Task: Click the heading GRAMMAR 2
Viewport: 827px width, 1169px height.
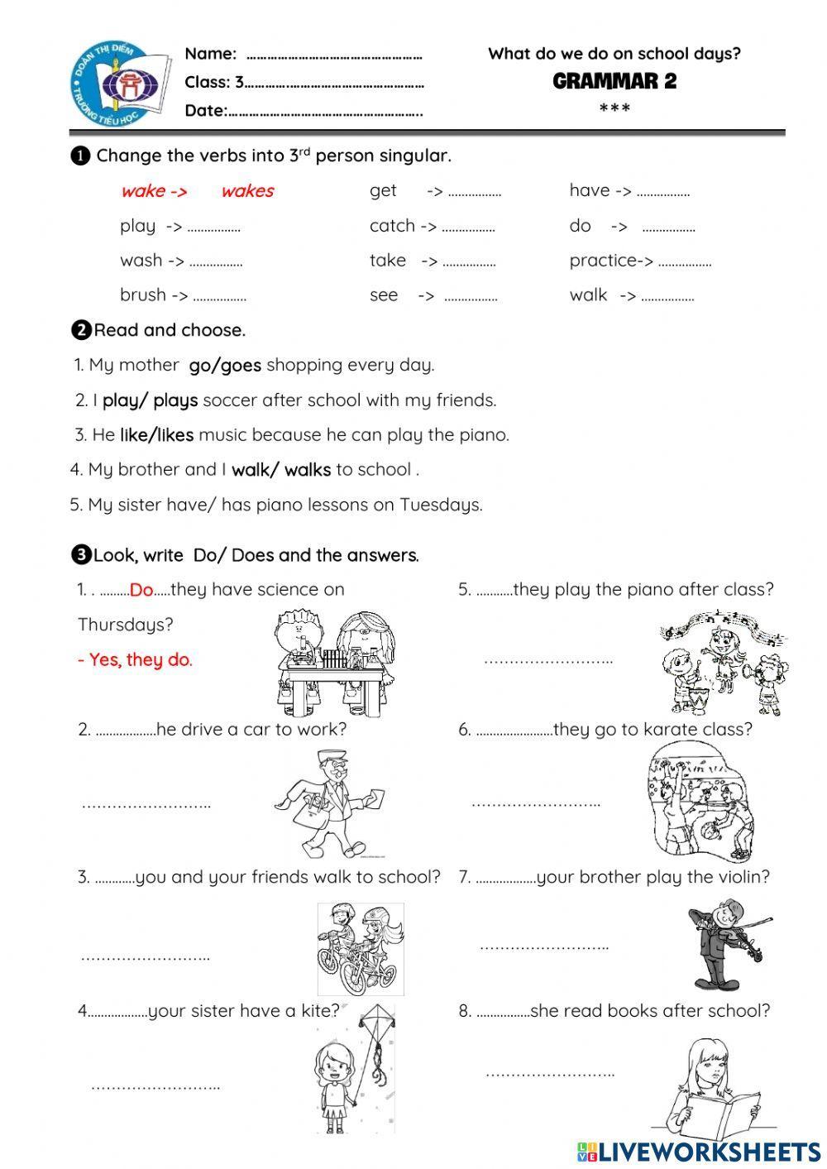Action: [614, 81]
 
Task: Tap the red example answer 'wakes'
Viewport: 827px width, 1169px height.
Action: [247, 191]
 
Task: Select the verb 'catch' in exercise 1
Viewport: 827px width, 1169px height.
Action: [392, 226]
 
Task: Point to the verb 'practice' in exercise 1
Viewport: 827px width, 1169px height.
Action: [605, 261]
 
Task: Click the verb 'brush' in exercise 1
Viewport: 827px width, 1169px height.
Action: [143, 295]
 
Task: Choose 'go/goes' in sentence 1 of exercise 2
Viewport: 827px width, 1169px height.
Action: [225, 365]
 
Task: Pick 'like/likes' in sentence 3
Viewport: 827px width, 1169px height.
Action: [156, 434]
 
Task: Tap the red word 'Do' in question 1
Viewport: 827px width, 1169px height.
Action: [141, 590]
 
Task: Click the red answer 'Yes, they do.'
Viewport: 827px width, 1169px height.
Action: [135, 660]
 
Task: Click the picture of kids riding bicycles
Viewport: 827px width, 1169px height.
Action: [361, 948]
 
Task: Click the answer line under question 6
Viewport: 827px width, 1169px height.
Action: [535, 803]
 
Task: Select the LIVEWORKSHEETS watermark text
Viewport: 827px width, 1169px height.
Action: [709, 1151]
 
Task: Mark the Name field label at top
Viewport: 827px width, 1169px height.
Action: [210, 54]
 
